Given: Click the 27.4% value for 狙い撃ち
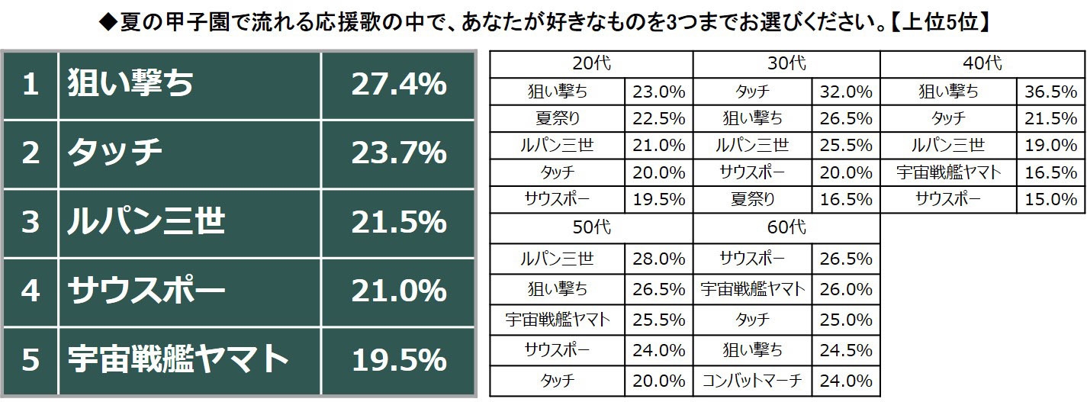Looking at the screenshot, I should [398, 85].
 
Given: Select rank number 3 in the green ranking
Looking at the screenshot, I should [30, 222].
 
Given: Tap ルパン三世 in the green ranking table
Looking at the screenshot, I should [146, 222].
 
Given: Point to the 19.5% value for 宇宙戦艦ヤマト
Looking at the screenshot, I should [398, 359].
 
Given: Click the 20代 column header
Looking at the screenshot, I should [591, 64].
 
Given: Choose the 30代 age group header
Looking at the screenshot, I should [786, 64].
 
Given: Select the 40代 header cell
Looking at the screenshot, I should [982, 64].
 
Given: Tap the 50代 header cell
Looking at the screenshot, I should [591, 227].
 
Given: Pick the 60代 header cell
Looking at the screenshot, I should [786, 227].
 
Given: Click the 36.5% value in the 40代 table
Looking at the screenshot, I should [1050, 92].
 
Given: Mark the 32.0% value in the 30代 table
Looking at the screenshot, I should [846, 92].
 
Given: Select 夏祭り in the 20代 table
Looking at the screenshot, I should [558, 119].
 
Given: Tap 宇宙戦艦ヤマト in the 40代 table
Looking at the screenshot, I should [948, 172].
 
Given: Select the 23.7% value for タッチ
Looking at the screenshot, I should [398, 153].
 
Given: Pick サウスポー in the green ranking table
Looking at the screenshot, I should [146, 291].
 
